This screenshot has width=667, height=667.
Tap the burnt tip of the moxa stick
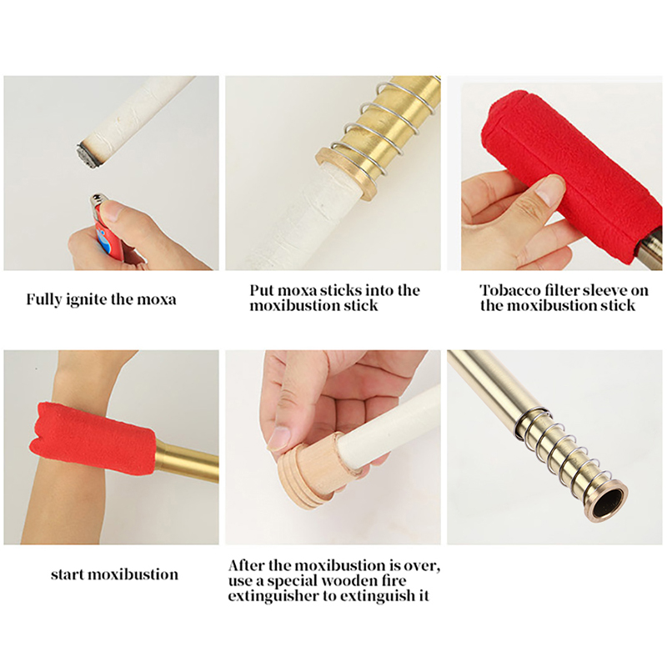pos(88,155)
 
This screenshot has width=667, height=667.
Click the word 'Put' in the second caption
pos(260,290)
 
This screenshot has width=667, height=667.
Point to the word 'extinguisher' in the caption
pos(273,596)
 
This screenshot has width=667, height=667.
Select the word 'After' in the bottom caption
pos(246,566)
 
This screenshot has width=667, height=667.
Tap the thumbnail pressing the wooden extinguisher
pos(278,439)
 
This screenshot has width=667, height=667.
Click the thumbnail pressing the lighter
pos(113,210)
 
